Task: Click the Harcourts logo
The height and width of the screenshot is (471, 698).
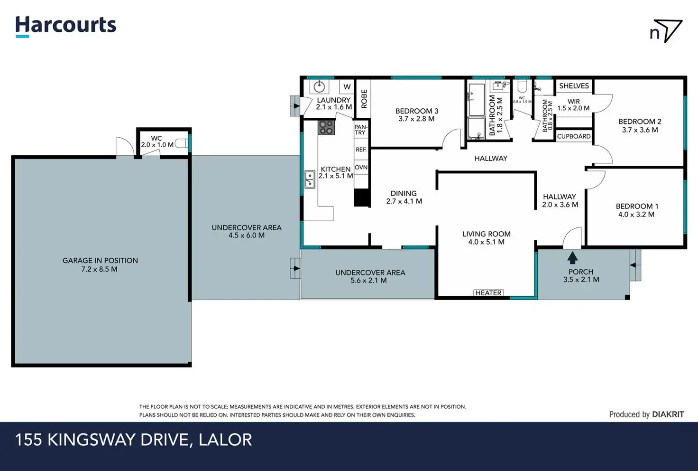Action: click(66, 27)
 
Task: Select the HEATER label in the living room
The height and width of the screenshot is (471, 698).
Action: click(488, 292)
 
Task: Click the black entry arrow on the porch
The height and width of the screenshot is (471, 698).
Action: click(572, 258)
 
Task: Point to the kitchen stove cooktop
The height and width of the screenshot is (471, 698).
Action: click(326, 127)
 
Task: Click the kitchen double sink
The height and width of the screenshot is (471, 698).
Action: click(310, 179)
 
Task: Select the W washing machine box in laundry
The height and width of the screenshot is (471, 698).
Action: click(347, 87)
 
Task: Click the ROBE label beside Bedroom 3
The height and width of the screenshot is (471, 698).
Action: click(364, 99)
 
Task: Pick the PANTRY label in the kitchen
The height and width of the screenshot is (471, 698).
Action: click(360, 130)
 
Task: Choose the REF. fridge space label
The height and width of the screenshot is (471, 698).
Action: click(361, 150)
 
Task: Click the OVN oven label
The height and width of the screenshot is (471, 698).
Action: click(361, 168)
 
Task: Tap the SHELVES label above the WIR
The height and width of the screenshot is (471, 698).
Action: click(574, 86)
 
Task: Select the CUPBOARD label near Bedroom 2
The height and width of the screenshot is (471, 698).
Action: click(574, 136)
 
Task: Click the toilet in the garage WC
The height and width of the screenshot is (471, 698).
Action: click(181, 143)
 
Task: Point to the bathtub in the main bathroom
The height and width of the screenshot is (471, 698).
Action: click(476, 100)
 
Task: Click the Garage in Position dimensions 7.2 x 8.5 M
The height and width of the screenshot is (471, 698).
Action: click(100, 269)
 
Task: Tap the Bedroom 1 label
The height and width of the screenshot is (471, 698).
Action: click(637, 206)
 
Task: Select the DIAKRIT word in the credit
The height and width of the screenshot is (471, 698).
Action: click(668, 414)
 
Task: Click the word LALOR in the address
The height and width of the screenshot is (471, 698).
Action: click(225, 440)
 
